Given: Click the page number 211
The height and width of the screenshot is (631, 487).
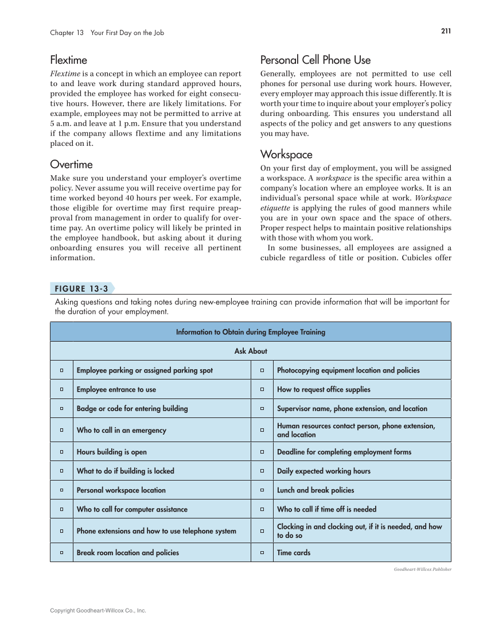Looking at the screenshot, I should [x=446, y=32].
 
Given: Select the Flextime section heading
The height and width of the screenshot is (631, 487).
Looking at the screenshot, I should [x=68, y=60].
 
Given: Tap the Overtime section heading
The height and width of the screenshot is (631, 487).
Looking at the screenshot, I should [x=71, y=164].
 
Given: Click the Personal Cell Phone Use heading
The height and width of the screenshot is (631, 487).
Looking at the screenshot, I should [x=315, y=60].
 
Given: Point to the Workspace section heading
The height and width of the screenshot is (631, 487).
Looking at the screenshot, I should [x=286, y=154].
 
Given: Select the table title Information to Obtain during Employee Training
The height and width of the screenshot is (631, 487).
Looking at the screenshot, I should [x=250, y=332].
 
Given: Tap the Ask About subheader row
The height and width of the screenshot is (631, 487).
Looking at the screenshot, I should [x=250, y=351].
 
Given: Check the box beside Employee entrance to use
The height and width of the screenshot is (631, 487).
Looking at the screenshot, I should [x=61, y=389].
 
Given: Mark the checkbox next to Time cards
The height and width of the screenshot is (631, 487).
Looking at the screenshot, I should [x=262, y=552].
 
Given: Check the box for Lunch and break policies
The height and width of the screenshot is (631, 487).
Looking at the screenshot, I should [x=262, y=490].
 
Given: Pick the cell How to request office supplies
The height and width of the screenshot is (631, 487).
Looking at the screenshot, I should [x=324, y=389].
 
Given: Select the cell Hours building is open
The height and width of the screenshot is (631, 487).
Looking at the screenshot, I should [x=112, y=452].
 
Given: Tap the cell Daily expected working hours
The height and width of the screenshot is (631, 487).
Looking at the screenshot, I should [x=324, y=471].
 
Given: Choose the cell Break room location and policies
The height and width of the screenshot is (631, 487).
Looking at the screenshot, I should [x=128, y=552].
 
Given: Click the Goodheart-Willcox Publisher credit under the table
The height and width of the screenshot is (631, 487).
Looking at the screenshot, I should [x=423, y=569].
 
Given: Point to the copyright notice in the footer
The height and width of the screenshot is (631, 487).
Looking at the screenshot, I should [x=98, y=611].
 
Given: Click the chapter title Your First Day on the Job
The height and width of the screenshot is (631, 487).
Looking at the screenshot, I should [x=127, y=33].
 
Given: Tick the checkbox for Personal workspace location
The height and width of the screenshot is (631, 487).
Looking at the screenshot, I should [x=61, y=490].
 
